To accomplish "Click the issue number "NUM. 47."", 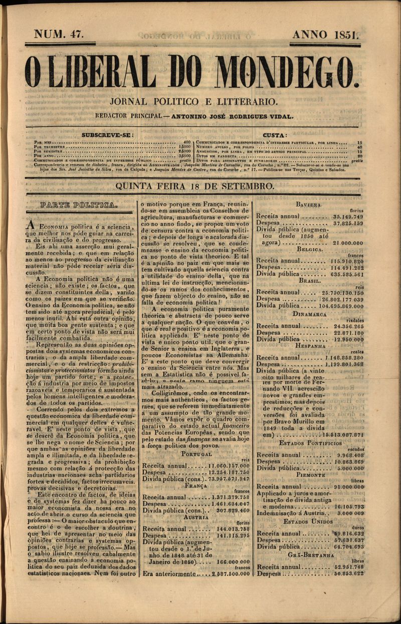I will click(x=59, y=35).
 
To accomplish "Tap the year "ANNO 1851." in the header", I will click(x=326, y=35).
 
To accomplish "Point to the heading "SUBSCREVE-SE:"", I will click(x=107, y=135).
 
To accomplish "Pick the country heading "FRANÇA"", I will click(x=196, y=486).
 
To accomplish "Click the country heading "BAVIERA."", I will click(x=309, y=205).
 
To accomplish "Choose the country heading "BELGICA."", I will click(x=309, y=249).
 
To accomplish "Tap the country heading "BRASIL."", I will click(x=309, y=281).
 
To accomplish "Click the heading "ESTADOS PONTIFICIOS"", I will click(x=311, y=443).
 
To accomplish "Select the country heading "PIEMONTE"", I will click(x=310, y=474).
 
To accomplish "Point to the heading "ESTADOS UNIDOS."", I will click(x=309, y=521).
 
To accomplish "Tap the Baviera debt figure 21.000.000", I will click(x=348, y=242).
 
